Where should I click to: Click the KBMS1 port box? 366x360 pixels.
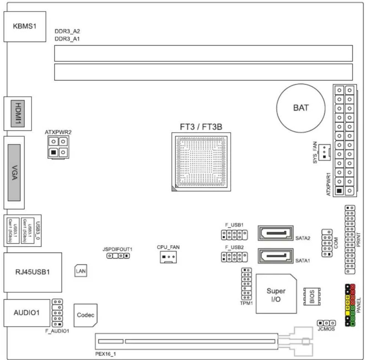25,26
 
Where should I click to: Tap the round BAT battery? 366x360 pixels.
301,108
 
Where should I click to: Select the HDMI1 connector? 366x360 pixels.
18,113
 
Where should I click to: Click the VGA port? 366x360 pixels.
14,173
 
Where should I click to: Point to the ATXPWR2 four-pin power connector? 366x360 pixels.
58,147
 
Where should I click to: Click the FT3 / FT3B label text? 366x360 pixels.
201,127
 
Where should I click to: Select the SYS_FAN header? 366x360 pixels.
324,152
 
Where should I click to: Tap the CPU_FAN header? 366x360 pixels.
168,257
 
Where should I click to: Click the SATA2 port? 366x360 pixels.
275,233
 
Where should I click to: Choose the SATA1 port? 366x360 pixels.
275,256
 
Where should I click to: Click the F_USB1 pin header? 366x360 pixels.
234,235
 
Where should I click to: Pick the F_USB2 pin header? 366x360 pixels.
234,257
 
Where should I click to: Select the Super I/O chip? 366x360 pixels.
276,294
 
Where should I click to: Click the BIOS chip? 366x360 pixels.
312,296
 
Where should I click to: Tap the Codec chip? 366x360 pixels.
85,315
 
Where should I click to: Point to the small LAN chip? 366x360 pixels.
81,271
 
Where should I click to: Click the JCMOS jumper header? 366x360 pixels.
326,323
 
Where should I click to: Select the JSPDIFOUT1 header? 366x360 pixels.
118,256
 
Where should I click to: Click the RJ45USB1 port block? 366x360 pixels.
33,272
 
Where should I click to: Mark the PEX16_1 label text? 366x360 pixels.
106,354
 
